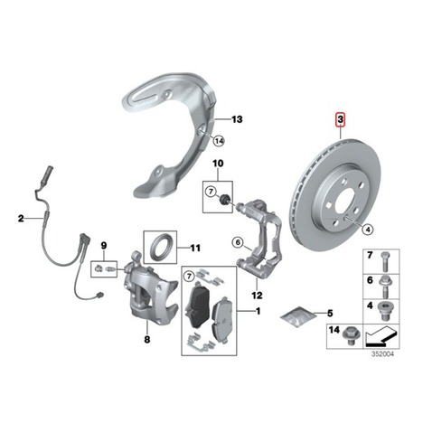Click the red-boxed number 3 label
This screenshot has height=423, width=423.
click(340, 119)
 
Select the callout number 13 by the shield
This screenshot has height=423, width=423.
click(237, 119)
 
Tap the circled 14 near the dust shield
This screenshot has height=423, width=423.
click(219, 141)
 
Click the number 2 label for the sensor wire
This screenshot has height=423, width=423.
click(21, 218)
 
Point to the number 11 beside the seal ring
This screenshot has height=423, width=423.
click(195, 248)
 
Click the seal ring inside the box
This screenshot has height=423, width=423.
click(160, 247)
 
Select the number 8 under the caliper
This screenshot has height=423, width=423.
click(147, 340)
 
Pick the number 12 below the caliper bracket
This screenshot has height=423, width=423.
click(257, 296)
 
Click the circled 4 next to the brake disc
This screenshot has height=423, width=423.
click(368, 230)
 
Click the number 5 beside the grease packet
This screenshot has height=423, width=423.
click(330, 314)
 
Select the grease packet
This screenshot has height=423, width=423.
click(298, 316)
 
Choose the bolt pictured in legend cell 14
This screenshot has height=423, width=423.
click(350, 335)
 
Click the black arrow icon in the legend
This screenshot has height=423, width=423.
click(381, 336)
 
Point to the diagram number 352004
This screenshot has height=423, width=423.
click(382, 354)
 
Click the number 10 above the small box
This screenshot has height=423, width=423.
click(218, 164)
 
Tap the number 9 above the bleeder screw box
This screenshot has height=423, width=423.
click(103, 246)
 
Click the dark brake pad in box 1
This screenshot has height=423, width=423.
click(196, 305)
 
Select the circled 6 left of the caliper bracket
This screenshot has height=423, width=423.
click(238, 242)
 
